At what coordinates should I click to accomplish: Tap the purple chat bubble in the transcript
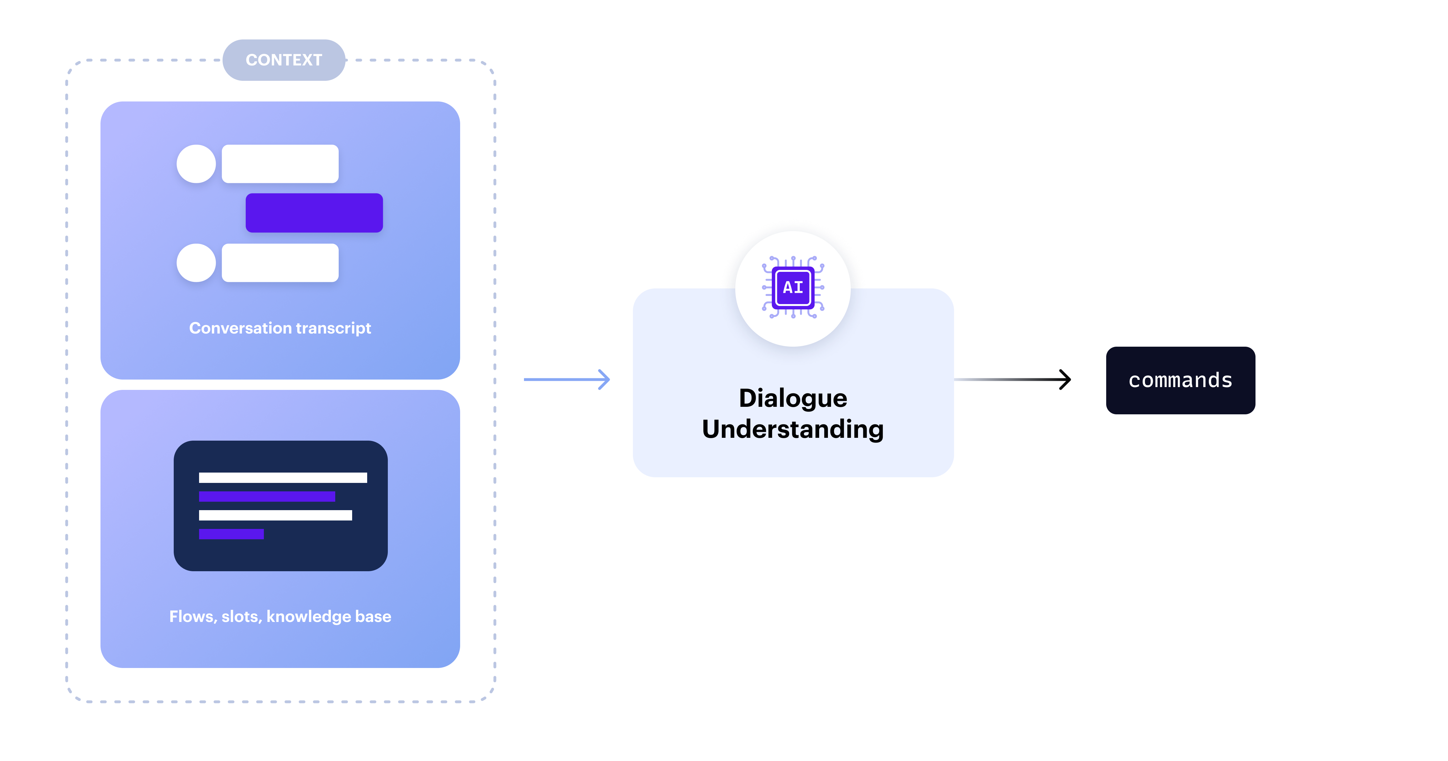(314, 213)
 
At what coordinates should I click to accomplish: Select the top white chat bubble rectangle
(280, 164)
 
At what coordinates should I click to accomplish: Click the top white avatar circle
(196, 164)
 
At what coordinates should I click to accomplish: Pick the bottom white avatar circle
(196, 263)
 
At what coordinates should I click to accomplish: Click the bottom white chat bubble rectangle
(280, 263)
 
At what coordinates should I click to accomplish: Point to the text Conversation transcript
(280, 328)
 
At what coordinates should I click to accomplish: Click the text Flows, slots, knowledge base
(280, 616)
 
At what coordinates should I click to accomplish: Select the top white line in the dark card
(283, 478)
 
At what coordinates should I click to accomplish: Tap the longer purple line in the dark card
(267, 496)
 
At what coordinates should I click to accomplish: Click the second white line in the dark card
(275, 515)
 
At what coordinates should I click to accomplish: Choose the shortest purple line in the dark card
(231, 534)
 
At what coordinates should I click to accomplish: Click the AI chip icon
(793, 287)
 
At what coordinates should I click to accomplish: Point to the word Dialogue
(793, 398)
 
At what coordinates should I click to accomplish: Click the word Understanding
(793, 429)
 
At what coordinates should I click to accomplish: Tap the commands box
(1180, 380)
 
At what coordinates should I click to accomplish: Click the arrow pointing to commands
(1012, 380)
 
